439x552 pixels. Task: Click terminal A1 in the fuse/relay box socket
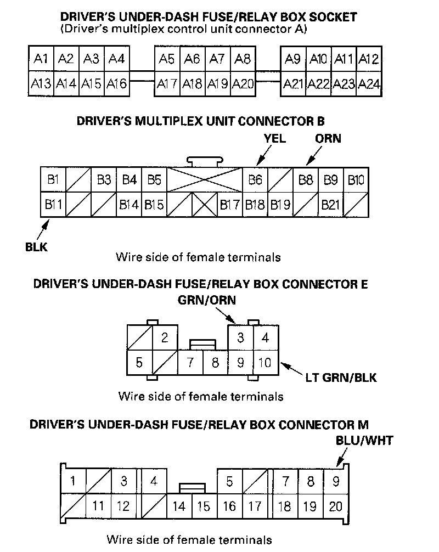tap(41, 59)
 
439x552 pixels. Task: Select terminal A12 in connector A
tap(369, 59)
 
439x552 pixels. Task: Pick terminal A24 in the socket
tap(369, 84)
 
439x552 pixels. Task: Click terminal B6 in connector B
tap(255, 180)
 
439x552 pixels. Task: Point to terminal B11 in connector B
tap(53, 205)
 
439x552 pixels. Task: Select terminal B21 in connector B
tap(331, 205)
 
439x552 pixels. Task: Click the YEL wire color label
tap(274, 138)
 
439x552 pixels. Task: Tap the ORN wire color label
tap(328, 138)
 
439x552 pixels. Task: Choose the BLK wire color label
tap(36, 247)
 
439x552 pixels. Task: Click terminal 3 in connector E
tap(240, 337)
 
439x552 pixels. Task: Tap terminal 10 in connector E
tap(265, 363)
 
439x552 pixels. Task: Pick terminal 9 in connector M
tap(335, 482)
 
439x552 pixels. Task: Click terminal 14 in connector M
tap(179, 506)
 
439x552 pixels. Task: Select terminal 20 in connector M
tap(335, 506)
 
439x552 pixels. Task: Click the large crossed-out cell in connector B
tap(204, 180)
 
